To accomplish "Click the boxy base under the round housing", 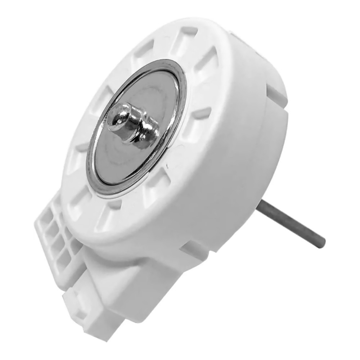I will (x=144, y=284).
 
